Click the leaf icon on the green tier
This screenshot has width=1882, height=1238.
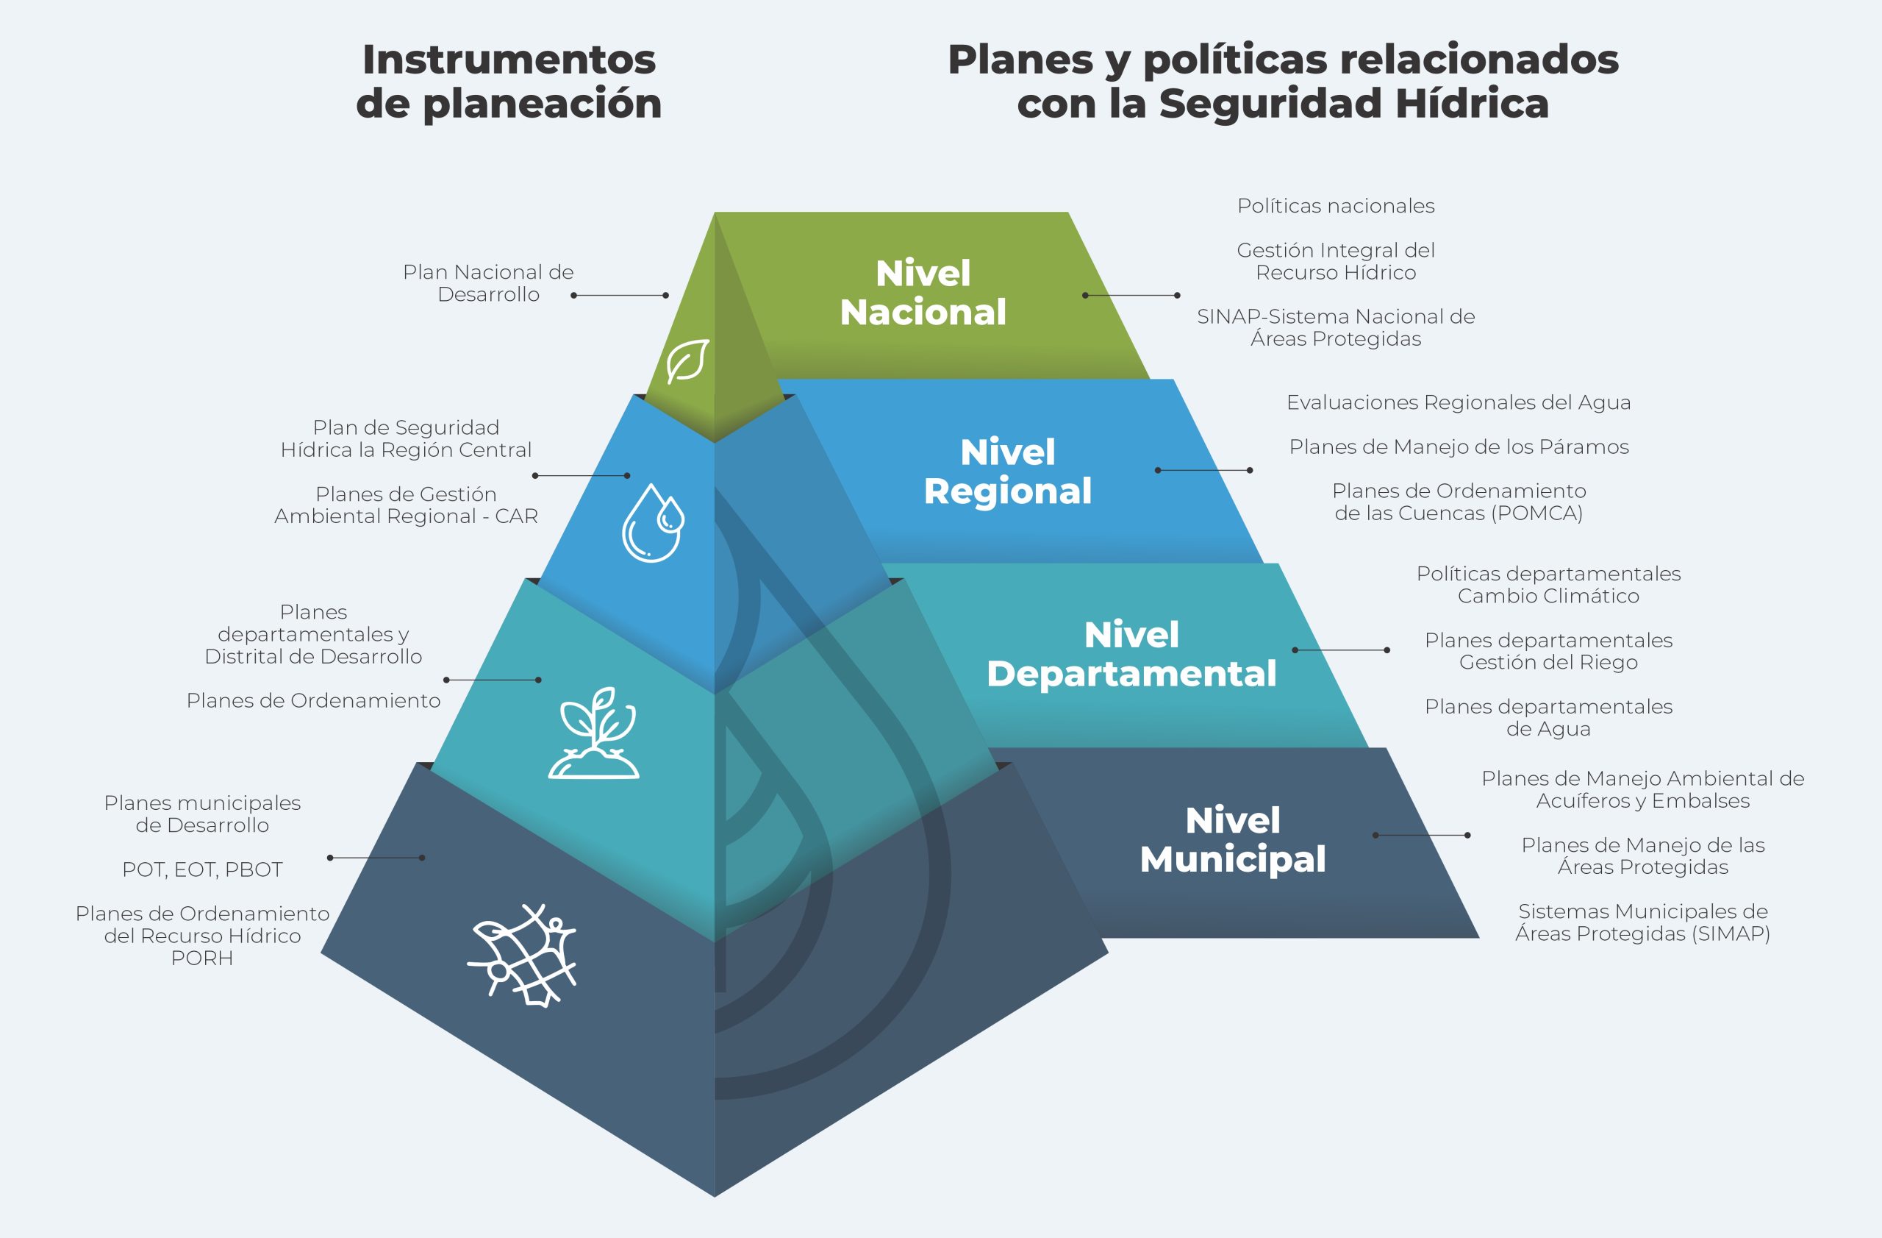(x=687, y=361)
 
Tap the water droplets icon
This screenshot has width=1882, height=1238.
(x=652, y=523)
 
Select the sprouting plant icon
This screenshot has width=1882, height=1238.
(x=594, y=734)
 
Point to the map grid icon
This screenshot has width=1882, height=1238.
(x=523, y=954)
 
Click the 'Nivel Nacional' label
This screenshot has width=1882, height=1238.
(x=923, y=293)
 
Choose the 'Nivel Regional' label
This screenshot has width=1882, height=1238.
(x=1007, y=472)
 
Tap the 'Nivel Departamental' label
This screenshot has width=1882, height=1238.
(x=1131, y=654)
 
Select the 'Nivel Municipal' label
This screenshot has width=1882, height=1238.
(x=1232, y=839)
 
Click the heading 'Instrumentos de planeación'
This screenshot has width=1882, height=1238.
(x=509, y=82)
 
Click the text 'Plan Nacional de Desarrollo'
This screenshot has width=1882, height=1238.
(x=488, y=283)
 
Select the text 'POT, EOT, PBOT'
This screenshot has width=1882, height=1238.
(x=202, y=869)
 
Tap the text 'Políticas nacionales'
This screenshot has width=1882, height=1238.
(x=1336, y=206)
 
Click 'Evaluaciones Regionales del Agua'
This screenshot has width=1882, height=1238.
(x=1458, y=402)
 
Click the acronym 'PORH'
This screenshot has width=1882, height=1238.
(x=202, y=958)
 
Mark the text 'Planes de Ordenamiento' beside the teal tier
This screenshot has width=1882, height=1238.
(x=313, y=701)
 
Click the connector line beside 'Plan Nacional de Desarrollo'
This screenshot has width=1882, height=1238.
(x=619, y=295)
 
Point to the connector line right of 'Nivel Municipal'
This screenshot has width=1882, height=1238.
(x=1421, y=836)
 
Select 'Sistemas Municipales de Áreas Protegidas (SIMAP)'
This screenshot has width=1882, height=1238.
(x=1642, y=922)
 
